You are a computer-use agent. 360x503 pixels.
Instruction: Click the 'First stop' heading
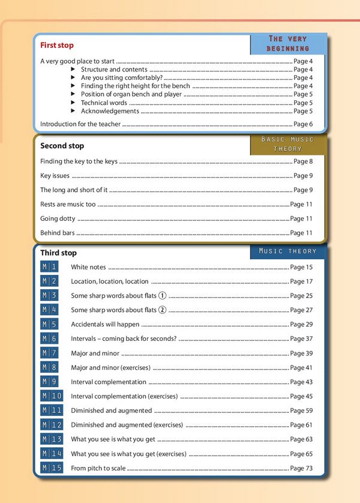click(57, 45)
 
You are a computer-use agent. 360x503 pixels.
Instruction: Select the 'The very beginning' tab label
click(288, 43)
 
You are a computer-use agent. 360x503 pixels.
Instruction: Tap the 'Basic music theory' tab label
click(287, 143)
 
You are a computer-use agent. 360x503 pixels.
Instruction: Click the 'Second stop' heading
click(62, 146)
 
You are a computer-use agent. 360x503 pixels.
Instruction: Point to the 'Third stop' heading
click(58, 253)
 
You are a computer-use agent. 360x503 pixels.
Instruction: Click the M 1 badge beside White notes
click(50, 267)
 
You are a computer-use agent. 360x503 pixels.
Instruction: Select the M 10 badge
click(52, 396)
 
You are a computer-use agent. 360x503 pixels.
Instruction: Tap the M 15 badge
click(52, 468)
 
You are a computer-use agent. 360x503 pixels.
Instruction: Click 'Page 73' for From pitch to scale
click(301, 468)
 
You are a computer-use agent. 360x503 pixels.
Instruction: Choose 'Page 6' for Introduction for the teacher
click(303, 124)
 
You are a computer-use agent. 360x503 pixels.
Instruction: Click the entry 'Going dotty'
click(58, 219)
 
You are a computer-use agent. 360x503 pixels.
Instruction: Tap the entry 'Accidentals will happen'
click(105, 325)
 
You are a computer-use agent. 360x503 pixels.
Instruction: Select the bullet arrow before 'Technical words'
click(74, 103)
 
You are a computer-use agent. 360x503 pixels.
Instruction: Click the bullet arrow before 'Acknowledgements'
click(74, 111)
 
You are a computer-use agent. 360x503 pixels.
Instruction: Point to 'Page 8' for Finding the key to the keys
click(303, 161)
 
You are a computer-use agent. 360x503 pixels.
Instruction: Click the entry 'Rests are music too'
click(68, 205)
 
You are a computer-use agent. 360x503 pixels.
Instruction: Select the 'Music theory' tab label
click(287, 251)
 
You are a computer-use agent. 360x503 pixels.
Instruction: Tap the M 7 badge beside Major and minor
click(50, 353)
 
